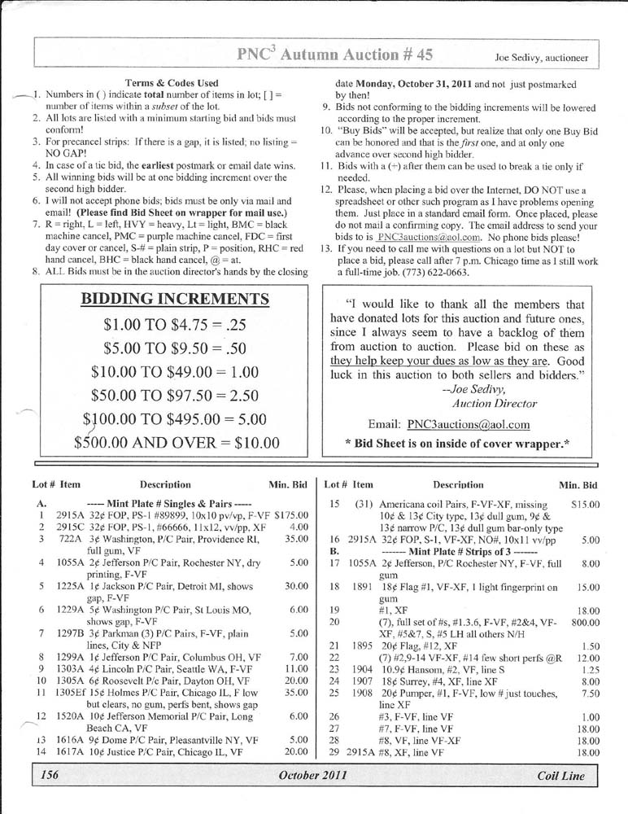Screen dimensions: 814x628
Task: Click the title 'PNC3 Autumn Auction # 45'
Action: [x=334, y=55]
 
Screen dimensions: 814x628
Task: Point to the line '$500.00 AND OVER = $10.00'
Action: [x=177, y=443]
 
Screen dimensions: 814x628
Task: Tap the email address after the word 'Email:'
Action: [x=469, y=424]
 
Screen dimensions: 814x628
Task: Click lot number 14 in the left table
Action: [x=41, y=751]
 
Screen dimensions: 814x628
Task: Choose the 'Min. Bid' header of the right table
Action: [x=578, y=485]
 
